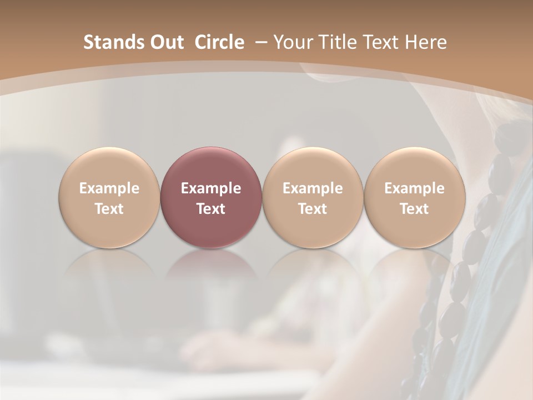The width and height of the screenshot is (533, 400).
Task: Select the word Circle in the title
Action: (x=219, y=42)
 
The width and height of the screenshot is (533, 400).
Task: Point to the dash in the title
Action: (x=259, y=43)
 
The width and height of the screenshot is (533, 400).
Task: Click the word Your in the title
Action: (x=293, y=42)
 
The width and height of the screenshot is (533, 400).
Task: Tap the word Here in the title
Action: (x=426, y=42)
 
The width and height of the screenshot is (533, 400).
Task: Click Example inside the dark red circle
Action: (x=211, y=188)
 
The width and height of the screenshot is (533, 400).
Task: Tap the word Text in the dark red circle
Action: (x=211, y=209)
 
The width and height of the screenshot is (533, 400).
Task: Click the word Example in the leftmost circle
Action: (x=109, y=188)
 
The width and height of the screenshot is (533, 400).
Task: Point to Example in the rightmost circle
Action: (x=414, y=188)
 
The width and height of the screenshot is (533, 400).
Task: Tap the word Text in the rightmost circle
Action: (x=414, y=209)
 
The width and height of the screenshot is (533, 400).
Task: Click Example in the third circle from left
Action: (x=313, y=188)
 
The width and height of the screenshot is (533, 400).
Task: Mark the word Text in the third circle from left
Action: (x=313, y=209)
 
